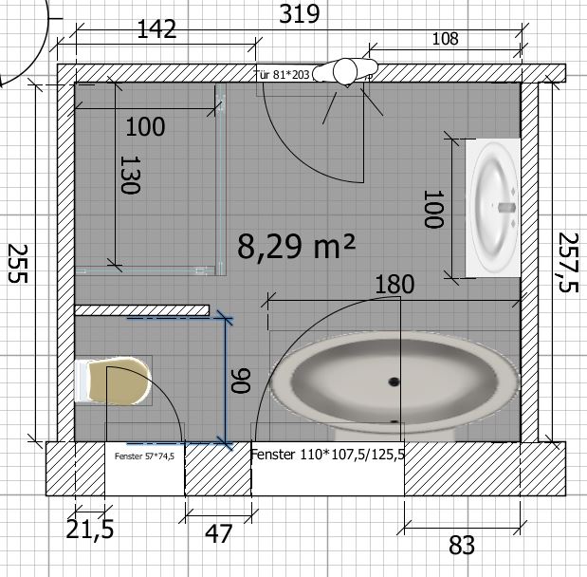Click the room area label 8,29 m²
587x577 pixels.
point(296,246)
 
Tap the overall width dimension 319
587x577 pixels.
point(300,14)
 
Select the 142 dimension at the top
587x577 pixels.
point(156,29)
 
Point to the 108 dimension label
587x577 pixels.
point(445,39)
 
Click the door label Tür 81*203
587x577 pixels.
point(283,75)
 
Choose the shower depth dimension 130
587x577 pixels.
point(130,175)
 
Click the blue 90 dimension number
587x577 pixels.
point(240,381)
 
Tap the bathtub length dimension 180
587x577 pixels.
point(394,285)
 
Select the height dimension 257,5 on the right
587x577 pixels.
point(568,262)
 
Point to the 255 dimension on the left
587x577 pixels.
point(18,264)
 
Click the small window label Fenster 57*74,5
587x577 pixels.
point(144,456)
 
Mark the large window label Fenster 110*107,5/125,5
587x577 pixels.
point(327,455)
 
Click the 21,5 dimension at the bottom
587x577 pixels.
point(90,530)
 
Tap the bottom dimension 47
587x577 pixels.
point(219,533)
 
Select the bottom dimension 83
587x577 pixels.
point(462,545)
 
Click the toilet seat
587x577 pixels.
point(119,381)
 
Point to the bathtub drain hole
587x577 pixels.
point(394,382)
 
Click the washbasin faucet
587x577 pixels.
point(507,207)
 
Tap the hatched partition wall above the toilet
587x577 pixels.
point(142,310)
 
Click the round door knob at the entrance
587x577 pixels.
point(345,71)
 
